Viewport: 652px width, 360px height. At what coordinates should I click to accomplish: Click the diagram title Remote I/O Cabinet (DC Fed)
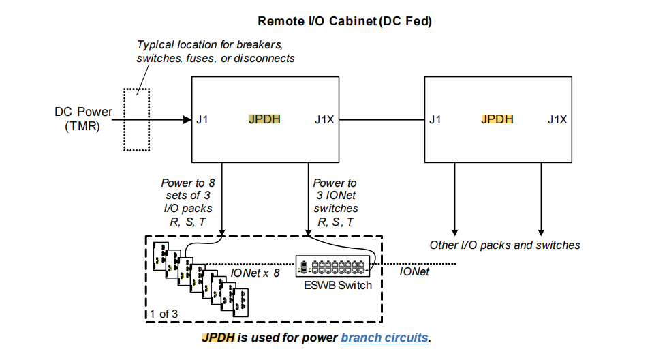326,22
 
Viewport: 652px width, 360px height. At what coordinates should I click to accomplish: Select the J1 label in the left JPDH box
202,120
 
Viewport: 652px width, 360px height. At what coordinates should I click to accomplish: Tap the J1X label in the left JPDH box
324,120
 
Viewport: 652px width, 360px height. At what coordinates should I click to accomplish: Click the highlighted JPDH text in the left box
264,120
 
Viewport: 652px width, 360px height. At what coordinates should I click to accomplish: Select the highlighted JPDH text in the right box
497,120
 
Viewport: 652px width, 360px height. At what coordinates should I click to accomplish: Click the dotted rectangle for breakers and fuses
136,119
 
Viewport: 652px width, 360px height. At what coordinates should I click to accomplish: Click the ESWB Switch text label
338,285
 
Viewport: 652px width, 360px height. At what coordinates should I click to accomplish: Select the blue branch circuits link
385,337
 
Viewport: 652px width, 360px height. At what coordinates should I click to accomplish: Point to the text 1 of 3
165,314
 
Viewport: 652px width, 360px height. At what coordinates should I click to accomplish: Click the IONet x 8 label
255,273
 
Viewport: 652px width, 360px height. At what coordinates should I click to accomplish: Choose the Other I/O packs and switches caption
504,245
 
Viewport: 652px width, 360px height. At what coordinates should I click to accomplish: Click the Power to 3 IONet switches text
335,202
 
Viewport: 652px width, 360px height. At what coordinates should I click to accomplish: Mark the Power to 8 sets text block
187,202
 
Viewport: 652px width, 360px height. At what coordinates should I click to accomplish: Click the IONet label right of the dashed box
414,272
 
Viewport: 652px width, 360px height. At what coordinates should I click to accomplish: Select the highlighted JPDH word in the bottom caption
218,337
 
